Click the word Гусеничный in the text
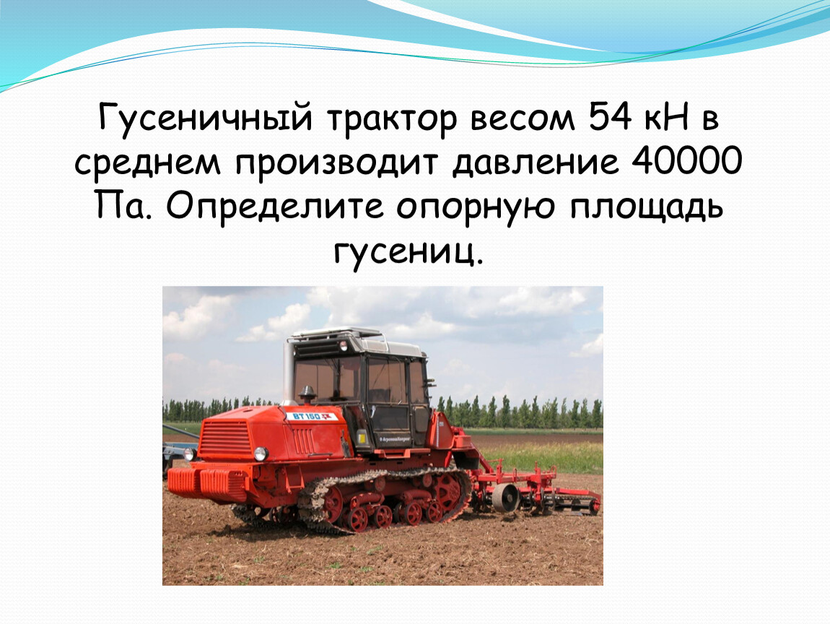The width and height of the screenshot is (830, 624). [206, 118]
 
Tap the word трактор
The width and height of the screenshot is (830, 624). [391, 119]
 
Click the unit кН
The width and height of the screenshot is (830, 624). [666, 117]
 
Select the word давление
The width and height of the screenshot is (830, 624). [535, 162]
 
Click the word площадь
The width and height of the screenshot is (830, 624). [647, 207]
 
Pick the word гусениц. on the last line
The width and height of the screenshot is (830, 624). [409, 251]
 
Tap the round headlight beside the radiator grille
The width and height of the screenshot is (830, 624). [261, 454]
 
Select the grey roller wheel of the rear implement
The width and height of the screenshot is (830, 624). [505, 498]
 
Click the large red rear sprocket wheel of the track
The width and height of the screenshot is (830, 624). [447, 492]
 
